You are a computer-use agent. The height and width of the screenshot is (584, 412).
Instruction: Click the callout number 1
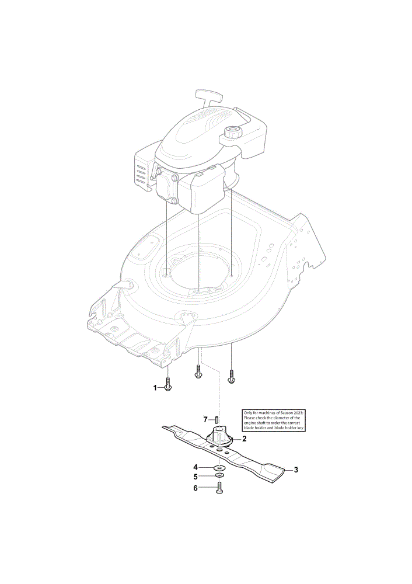click(x=155, y=388)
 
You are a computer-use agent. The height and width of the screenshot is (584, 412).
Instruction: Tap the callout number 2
click(x=244, y=439)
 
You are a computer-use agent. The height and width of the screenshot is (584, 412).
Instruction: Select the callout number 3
click(x=296, y=470)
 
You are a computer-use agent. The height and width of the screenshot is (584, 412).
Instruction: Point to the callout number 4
click(x=195, y=467)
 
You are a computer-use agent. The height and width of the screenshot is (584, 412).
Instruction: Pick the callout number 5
click(x=195, y=477)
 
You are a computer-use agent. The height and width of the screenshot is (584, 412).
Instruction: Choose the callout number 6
click(x=195, y=488)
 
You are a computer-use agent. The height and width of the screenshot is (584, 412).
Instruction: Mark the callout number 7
click(x=205, y=420)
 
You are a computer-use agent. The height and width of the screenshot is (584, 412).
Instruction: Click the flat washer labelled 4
click(x=219, y=467)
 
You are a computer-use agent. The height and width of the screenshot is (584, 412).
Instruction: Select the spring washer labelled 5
click(x=219, y=476)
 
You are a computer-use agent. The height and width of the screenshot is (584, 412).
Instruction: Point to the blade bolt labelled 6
click(x=219, y=488)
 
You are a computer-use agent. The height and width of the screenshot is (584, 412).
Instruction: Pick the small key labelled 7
click(x=216, y=419)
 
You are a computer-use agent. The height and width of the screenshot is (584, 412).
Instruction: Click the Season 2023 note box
click(x=274, y=420)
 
